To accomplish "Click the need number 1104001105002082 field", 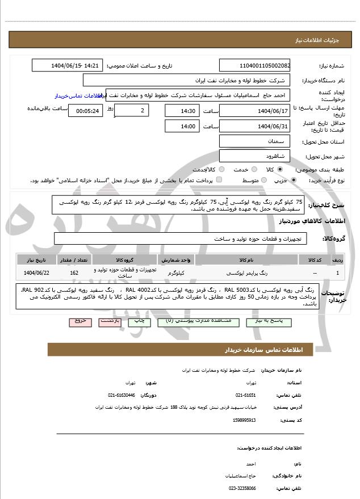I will tap(254, 66).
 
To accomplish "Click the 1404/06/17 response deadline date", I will tap(254, 110).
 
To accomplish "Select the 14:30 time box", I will tap(182, 110).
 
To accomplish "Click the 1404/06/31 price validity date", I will tap(254, 126).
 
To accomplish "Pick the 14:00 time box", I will tap(182, 126).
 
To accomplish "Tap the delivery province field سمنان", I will tap(254, 141).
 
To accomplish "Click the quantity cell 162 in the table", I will tap(74, 273).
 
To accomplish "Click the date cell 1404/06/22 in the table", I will tap(36, 273).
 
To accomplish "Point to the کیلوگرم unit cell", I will tap(177, 273).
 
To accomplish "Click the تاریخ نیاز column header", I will tap(36, 259).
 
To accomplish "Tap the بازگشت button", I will tap(109, 321).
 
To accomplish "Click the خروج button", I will tap(79, 321).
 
